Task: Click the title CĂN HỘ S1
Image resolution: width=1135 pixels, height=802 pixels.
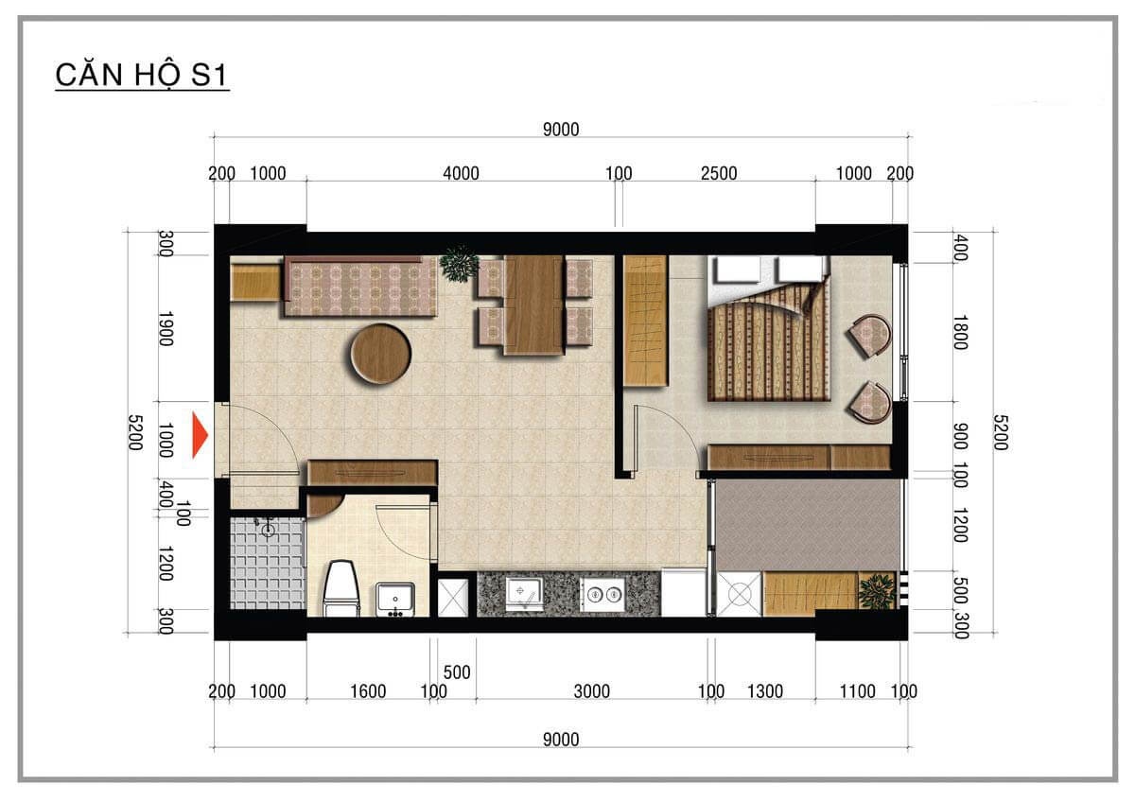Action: coord(142,75)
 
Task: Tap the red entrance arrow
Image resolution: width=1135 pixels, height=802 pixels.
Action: coord(201,435)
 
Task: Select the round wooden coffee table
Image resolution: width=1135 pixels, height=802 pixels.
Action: coord(381,354)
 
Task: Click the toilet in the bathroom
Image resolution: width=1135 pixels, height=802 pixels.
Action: coord(342,587)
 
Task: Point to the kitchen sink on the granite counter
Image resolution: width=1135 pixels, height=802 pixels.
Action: coord(524,592)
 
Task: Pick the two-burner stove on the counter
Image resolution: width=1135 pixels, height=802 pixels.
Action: coord(602,593)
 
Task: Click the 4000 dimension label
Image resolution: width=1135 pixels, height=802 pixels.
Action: coord(461,174)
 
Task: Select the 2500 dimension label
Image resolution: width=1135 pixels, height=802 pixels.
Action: coord(719,174)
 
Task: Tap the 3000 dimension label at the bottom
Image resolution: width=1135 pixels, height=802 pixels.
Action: coord(591,691)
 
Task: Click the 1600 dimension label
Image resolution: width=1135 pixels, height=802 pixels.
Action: coord(368,691)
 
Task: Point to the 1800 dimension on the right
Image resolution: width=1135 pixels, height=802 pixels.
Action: coord(961,332)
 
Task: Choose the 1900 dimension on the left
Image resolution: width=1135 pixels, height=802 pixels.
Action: coord(166,329)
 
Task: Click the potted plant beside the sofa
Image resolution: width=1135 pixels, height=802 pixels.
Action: coord(459,264)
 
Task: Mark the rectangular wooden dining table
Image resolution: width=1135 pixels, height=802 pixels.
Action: coord(534,305)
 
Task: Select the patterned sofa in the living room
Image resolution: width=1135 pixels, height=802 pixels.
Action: coord(360,287)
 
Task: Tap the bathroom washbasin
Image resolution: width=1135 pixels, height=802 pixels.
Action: coord(395,599)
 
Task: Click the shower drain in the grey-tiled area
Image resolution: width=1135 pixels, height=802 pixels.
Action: coord(268,531)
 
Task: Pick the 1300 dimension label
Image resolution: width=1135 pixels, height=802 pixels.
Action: coord(765,691)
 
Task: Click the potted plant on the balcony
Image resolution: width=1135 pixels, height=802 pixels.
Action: coord(877,591)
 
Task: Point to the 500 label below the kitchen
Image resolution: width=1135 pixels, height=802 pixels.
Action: coord(457,672)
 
